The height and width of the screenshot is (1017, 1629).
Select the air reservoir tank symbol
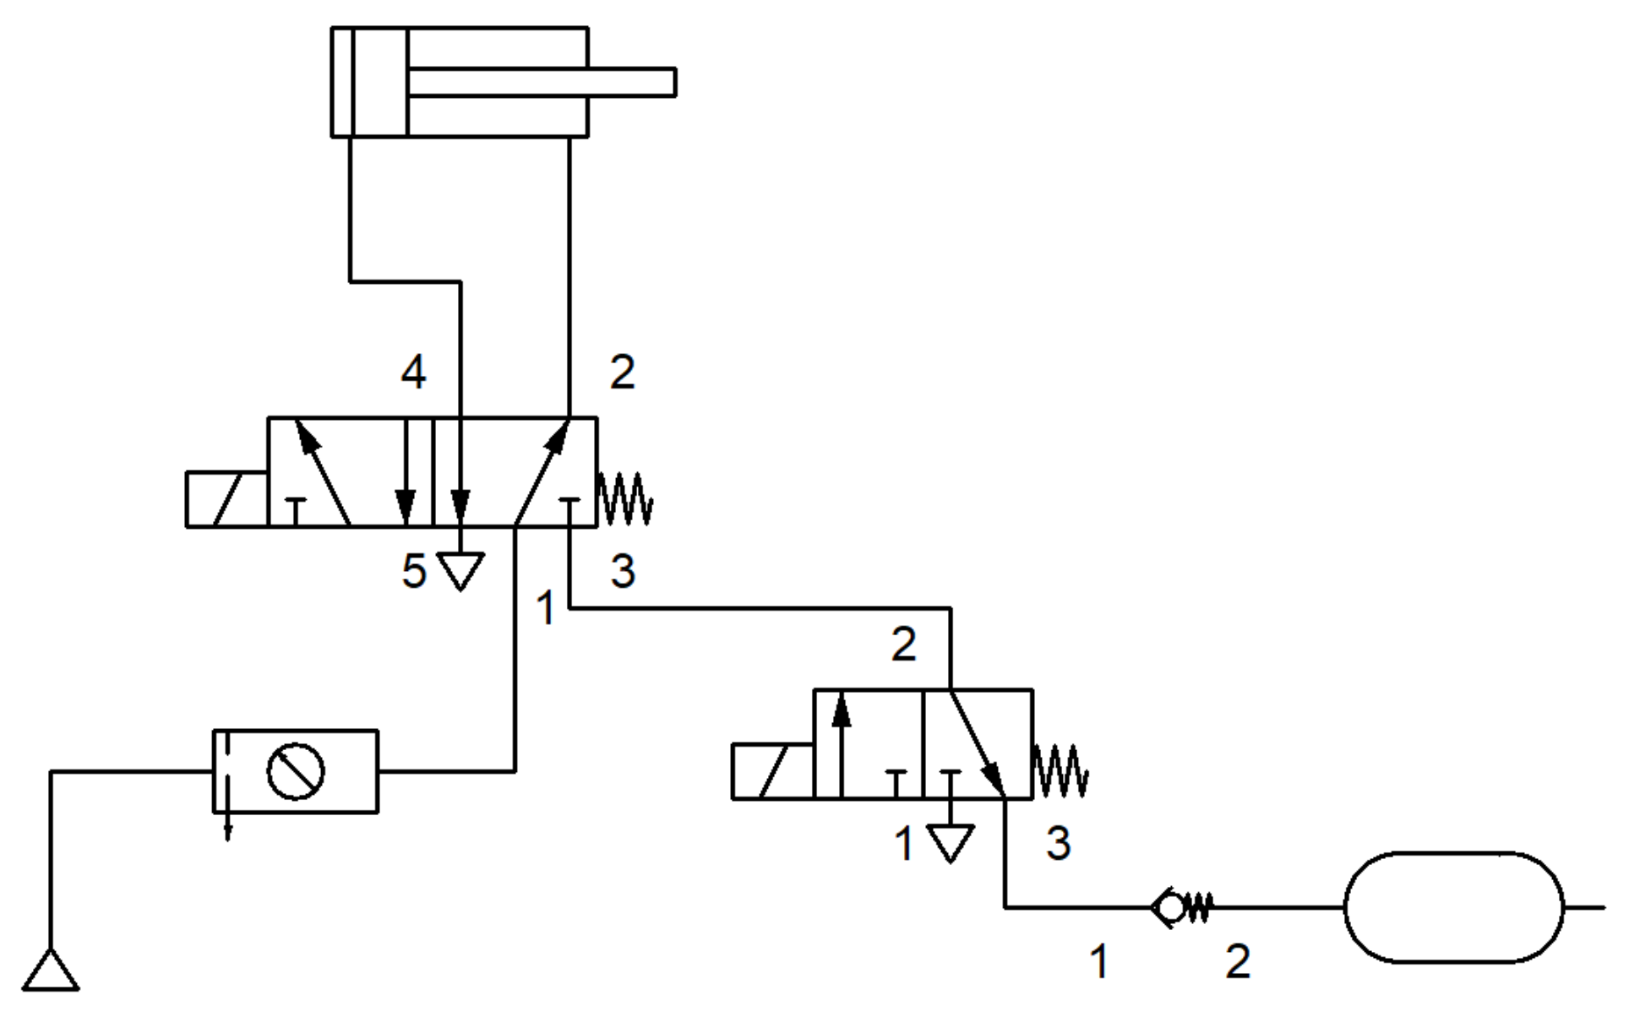1453,907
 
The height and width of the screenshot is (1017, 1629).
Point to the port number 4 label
413,372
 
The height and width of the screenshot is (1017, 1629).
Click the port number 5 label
413,572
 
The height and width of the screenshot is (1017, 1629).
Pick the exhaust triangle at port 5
460,569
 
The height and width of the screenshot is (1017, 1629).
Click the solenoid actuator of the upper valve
226,499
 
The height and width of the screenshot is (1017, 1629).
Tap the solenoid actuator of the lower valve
772,771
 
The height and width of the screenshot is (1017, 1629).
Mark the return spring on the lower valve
1060,770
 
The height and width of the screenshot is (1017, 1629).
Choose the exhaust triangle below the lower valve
951,842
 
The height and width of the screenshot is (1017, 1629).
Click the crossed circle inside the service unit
296,771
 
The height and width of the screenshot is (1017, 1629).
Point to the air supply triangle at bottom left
51,971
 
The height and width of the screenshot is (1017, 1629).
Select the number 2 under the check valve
1238,962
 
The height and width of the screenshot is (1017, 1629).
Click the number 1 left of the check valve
1098,962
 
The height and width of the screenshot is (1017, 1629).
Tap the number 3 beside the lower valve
1059,843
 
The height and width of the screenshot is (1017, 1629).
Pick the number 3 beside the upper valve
623,572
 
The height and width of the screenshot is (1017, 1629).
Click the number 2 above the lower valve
903,645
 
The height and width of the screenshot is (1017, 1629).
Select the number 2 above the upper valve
623,372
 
